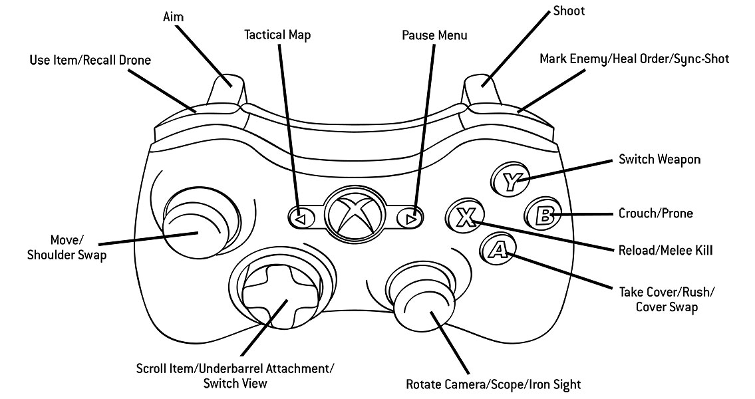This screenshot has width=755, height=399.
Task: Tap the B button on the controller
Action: click(x=544, y=213)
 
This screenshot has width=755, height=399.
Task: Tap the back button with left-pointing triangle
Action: click(x=301, y=219)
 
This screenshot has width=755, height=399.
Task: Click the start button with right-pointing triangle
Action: click(x=410, y=219)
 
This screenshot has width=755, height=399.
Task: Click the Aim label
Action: click(x=174, y=17)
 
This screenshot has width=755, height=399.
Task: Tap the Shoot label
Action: click(x=569, y=11)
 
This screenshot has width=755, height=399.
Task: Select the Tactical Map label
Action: click(x=277, y=35)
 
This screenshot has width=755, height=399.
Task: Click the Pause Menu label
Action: click(x=434, y=35)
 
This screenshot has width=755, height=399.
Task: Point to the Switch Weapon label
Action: click(x=659, y=160)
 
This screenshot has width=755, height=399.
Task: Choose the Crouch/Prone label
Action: click(x=655, y=213)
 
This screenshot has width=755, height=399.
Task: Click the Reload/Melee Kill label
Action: click(x=665, y=250)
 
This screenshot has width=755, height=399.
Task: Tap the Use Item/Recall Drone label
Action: click(x=90, y=60)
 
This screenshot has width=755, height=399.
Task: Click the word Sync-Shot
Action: click(x=701, y=59)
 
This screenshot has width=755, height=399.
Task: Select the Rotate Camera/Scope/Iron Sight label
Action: click(x=494, y=384)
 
